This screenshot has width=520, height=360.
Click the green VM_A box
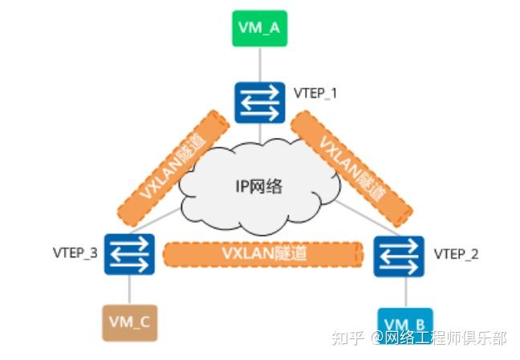click(x=260, y=29)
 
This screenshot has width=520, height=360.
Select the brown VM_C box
click(x=129, y=322)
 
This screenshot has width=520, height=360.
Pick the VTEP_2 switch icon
click(x=399, y=255)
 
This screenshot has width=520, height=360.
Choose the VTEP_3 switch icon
click(x=128, y=254)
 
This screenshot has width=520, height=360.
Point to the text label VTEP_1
click(x=315, y=94)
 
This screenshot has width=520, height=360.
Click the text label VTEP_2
click(x=456, y=254)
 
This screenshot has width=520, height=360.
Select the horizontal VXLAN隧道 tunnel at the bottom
click(x=266, y=253)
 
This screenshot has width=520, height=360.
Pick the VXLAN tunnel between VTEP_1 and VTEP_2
click(x=351, y=167)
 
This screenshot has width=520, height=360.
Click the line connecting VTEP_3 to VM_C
click(x=129, y=289)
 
